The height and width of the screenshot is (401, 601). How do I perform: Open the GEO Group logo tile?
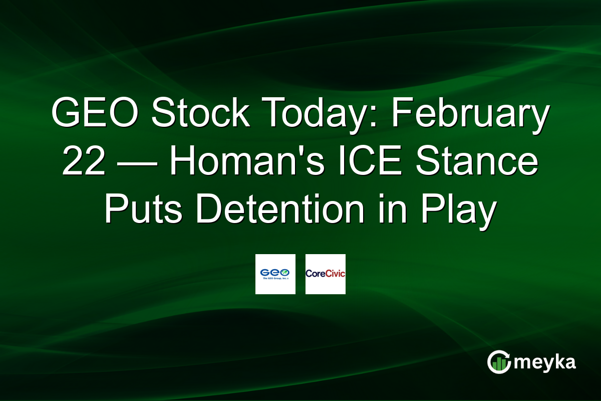pos(275,274)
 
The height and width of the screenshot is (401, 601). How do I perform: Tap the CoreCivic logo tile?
pos(325,274)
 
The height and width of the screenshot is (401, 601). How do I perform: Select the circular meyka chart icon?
pos(499,362)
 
